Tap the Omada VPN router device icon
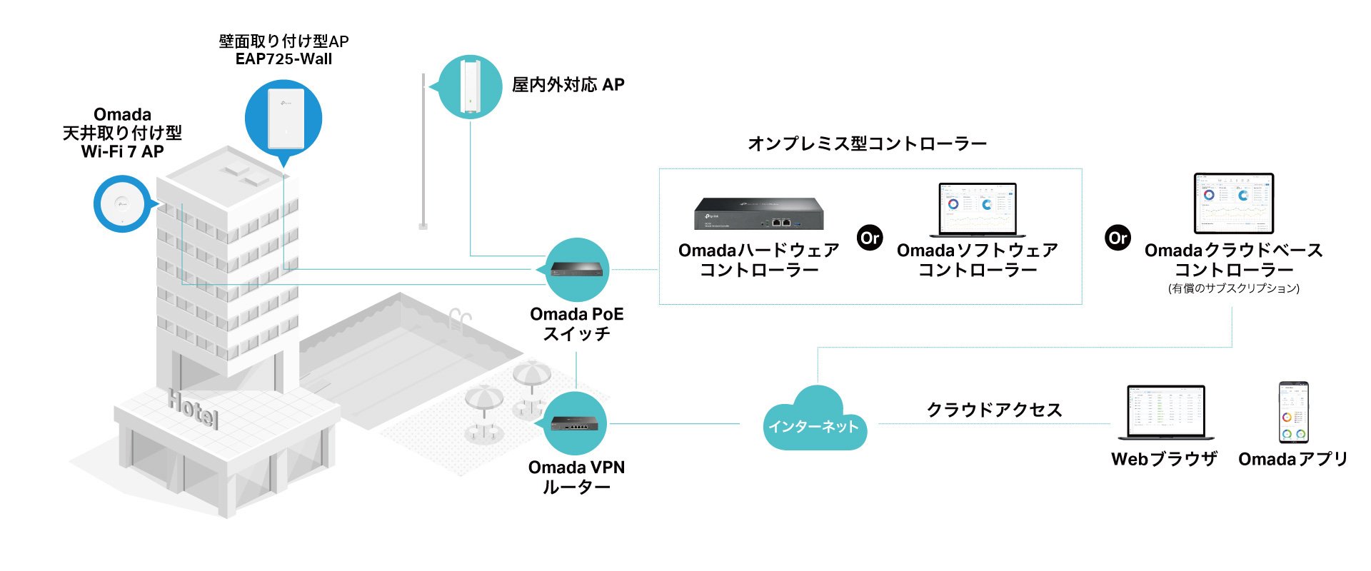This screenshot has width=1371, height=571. point(575,423)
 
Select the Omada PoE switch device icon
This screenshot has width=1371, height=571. point(577,269)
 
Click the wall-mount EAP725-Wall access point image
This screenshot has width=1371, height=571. point(286,118)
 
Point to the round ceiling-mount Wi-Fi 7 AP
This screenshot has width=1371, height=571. point(122,205)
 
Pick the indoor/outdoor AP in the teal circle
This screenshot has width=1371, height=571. point(470,86)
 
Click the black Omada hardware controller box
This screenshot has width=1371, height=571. point(758,213)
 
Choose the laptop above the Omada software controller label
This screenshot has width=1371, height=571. point(978,210)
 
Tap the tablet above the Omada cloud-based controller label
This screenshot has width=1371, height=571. point(1234,203)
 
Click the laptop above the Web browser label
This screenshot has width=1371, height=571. point(1166,413)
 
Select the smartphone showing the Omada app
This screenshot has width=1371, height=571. point(1293,413)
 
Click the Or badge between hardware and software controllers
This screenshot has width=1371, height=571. point(870,238)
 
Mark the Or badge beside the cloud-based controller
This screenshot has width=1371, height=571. point(1118,238)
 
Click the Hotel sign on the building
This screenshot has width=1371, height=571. point(193,409)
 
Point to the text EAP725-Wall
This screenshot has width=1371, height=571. point(283,59)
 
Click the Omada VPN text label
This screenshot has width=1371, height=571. point(576,468)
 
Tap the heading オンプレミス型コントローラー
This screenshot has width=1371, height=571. point(867,143)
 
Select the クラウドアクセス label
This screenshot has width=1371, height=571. point(994,410)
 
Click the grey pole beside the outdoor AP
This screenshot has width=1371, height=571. point(423,151)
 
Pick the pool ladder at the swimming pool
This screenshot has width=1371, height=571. point(461,320)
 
